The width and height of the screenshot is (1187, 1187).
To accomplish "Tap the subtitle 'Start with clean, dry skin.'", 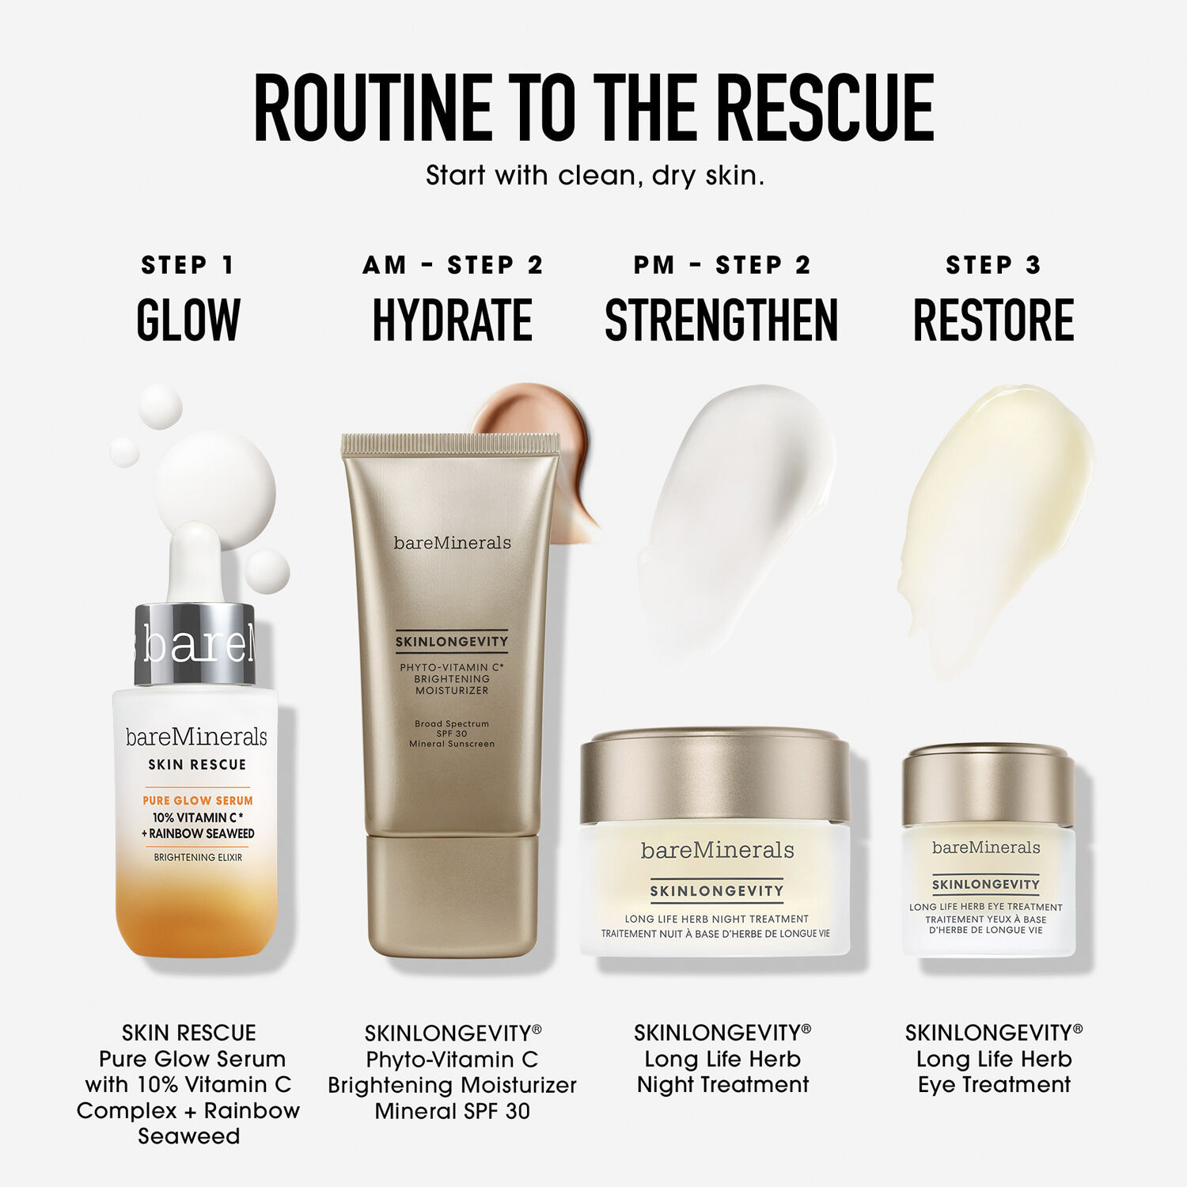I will (x=594, y=175).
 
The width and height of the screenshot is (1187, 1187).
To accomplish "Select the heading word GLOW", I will (x=188, y=320).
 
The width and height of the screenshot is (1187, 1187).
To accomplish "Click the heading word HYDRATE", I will (x=452, y=320).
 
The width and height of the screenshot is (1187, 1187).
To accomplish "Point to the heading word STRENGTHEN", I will (x=721, y=320).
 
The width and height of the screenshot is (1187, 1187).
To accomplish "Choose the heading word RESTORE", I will (x=993, y=320).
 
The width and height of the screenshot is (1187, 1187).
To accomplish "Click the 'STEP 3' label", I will (x=993, y=265).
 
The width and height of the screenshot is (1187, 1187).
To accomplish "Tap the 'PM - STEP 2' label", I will (x=722, y=265).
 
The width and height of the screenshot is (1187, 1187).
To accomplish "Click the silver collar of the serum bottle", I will (x=195, y=644).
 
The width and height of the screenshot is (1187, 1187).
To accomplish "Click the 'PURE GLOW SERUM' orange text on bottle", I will (x=198, y=800).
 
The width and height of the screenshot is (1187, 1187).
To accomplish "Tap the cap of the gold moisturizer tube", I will (x=452, y=894).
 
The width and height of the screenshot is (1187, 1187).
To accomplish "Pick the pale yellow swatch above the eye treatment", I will (x=993, y=514).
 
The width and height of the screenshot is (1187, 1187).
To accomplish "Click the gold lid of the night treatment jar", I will (x=715, y=776).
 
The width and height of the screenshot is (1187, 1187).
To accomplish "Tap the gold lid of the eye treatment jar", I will (x=988, y=783).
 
